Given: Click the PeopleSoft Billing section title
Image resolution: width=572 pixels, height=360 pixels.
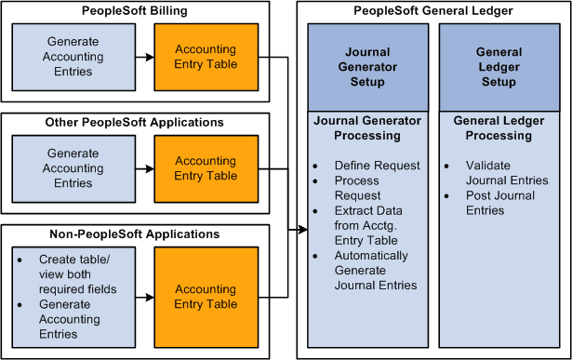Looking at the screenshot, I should point(135,10).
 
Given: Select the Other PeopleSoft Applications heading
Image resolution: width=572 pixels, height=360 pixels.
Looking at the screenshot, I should point(135,122).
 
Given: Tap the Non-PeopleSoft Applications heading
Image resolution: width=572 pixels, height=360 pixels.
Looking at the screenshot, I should point(135,233).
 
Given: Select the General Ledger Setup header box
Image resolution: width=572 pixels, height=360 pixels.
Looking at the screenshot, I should point(498,67).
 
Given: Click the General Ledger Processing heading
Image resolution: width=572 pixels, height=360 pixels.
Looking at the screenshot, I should point(498,128).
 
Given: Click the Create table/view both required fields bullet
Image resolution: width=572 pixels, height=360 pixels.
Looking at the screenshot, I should point(78,274).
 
